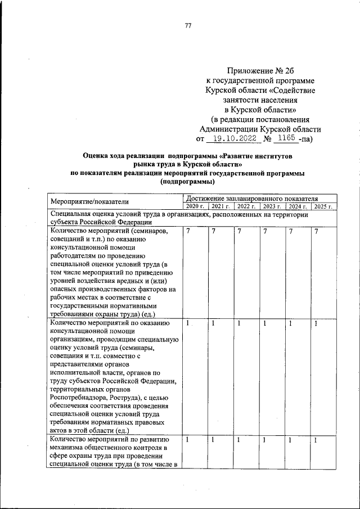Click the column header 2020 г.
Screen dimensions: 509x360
(193, 208)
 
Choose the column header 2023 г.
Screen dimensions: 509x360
(272, 208)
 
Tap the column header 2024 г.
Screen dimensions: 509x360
(298, 208)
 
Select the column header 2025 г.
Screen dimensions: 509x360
(323, 208)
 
